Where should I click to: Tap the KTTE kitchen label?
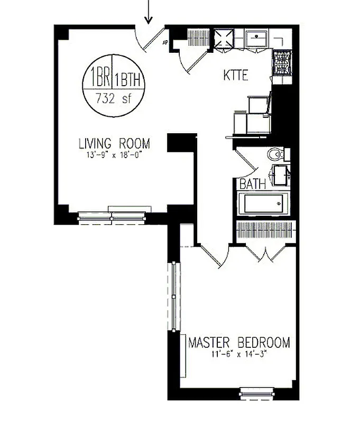(x=235, y=76)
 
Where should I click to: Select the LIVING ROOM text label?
(x=114, y=143)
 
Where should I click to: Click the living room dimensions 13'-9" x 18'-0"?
(x=114, y=155)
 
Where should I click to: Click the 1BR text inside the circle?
(x=99, y=79)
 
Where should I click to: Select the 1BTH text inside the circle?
(x=127, y=80)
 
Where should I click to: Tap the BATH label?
(x=253, y=185)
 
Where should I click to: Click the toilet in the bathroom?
(x=276, y=154)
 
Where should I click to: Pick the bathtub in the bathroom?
(x=263, y=204)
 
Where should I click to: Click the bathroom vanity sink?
(x=280, y=174)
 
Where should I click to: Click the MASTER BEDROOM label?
(x=239, y=343)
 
